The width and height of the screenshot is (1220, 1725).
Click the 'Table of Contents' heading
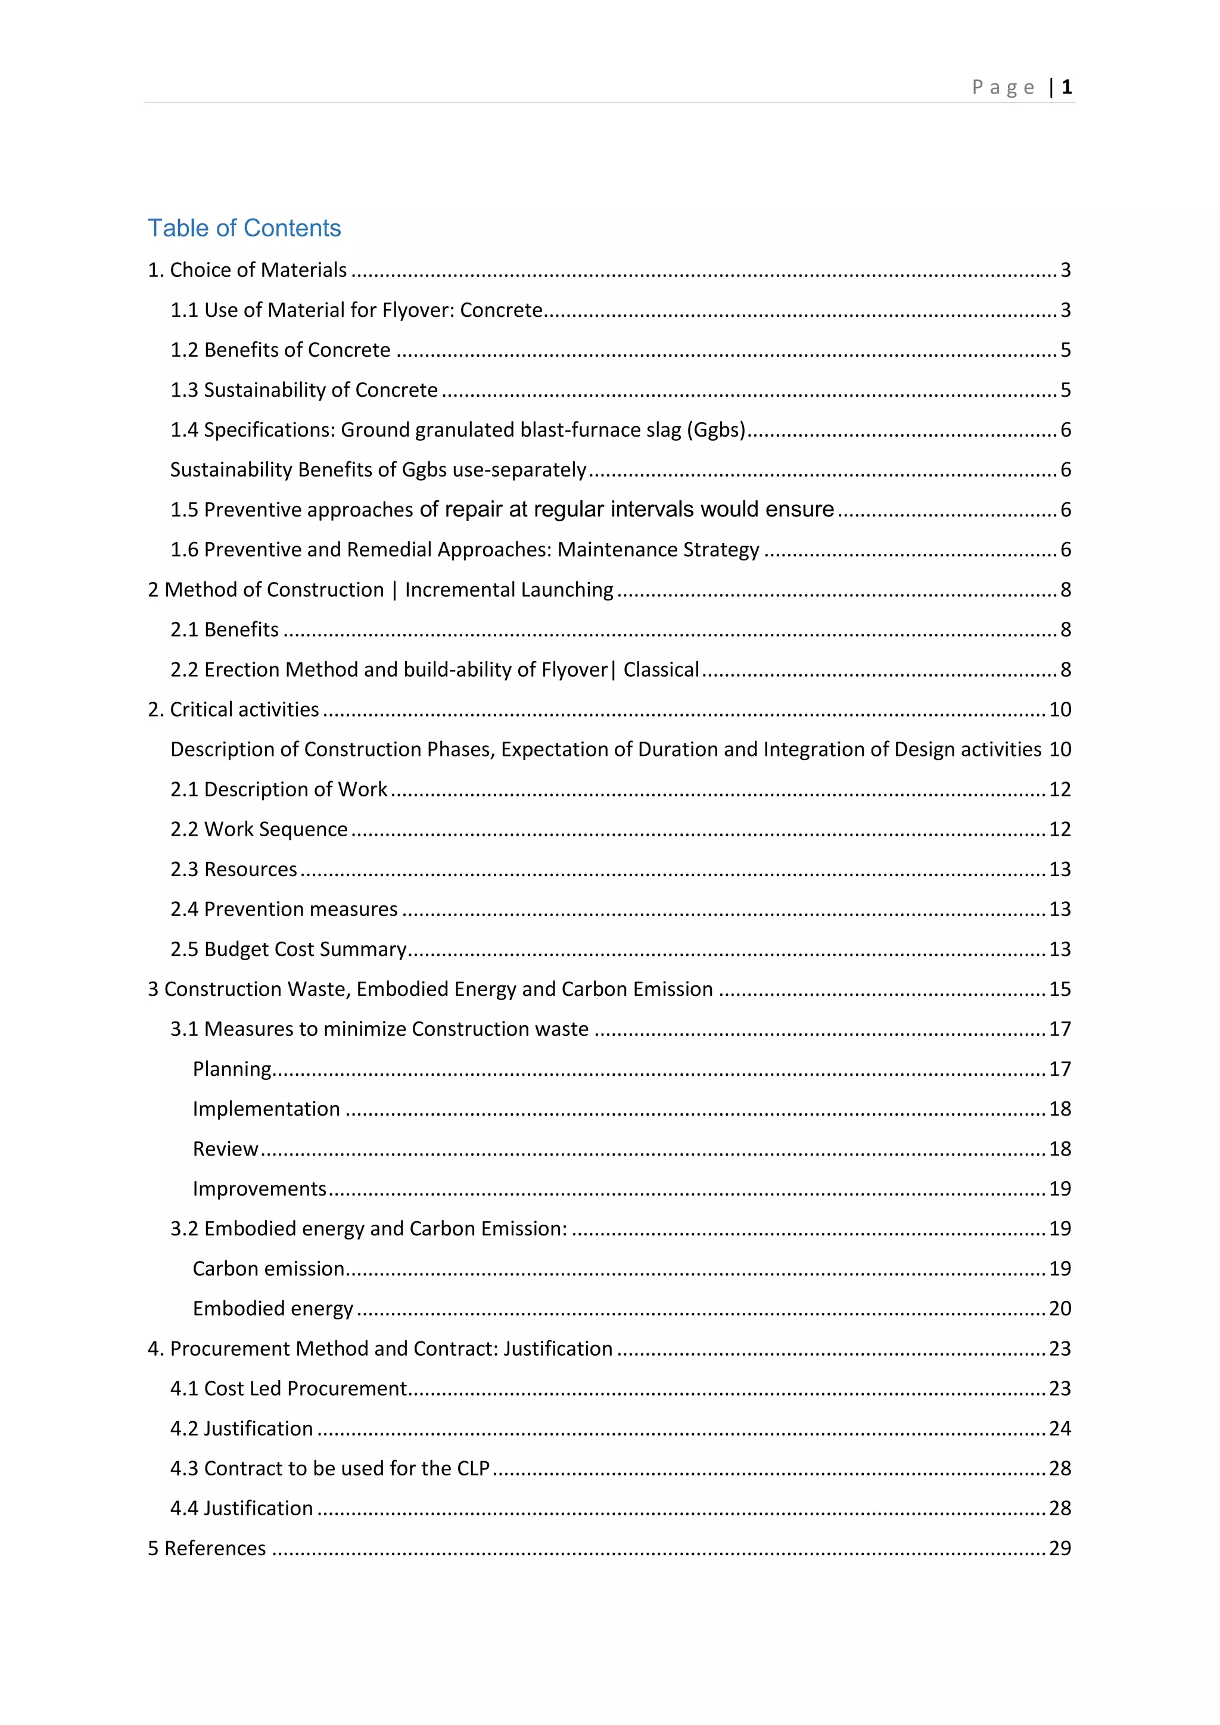pos(244,228)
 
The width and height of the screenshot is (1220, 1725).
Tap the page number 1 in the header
pos(1066,87)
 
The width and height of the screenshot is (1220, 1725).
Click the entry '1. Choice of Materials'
pos(247,270)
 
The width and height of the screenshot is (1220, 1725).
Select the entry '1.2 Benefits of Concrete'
pos(280,350)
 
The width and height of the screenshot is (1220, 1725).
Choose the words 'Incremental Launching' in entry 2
pos(509,590)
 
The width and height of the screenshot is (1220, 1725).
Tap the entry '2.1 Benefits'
pos(225,630)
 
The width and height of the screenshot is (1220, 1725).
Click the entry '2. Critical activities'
pos(234,709)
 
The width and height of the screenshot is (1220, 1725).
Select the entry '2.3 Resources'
pos(234,869)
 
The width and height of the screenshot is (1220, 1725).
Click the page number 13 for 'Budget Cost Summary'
pos(1059,949)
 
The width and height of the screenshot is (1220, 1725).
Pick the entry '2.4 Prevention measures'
pos(284,909)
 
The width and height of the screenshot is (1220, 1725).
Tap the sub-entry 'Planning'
pos(232,1069)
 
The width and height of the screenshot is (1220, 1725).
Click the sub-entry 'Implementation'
pos(266,1109)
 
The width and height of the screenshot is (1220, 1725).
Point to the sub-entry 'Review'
pos(225,1149)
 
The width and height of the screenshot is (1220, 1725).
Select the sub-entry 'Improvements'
pos(259,1188)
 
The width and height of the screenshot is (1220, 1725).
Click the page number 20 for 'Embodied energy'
pos(1059,1309)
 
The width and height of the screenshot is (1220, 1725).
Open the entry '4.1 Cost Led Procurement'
pos(288,1388)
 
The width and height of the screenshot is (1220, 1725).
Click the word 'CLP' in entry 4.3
pos(473,1468)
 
